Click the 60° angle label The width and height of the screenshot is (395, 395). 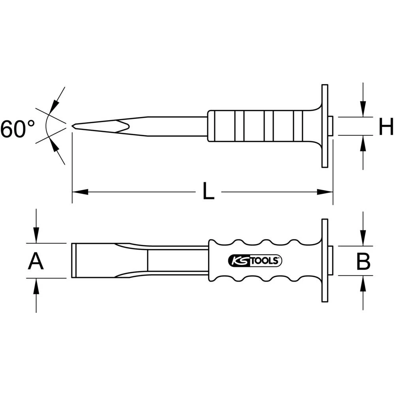[17, 129]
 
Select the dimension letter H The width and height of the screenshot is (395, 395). [386, 128]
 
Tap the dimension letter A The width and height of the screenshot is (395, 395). [36, 261]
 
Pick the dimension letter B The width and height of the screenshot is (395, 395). [363, 261]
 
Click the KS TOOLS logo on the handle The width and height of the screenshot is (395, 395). [254, 260]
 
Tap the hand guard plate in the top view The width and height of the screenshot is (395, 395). [325, 126]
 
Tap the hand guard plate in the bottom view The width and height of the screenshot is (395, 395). [325, 260]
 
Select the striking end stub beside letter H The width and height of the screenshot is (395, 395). [331, 126]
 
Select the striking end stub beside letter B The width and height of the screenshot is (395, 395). [331, 260]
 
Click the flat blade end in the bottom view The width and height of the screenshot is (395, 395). [74, 261]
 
